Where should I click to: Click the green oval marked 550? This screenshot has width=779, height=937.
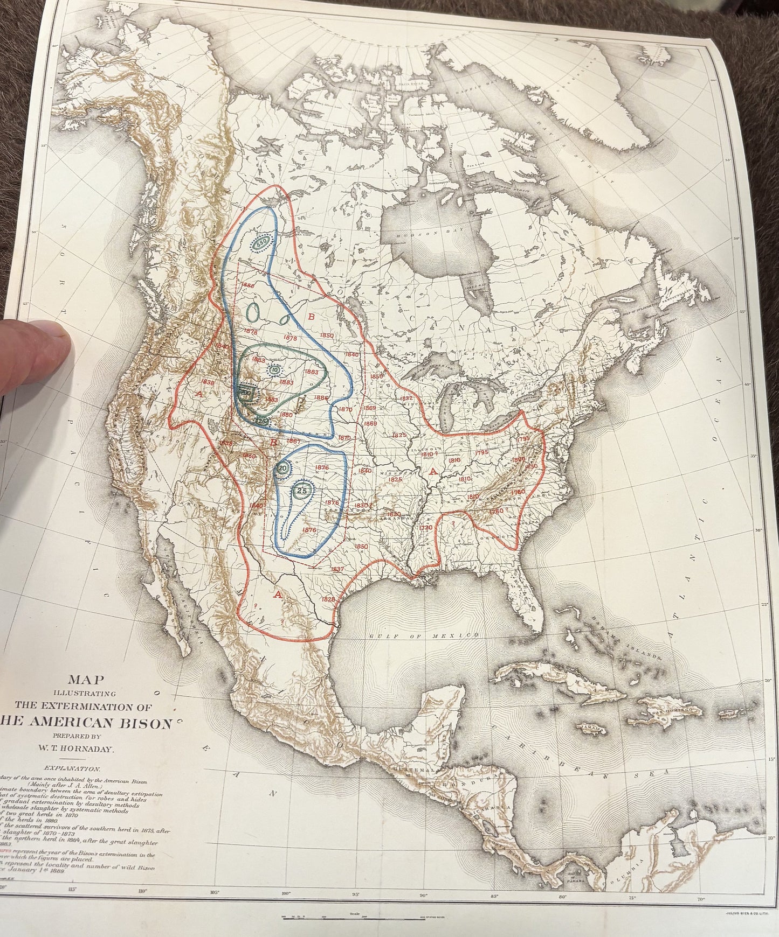click(x=261, y=243)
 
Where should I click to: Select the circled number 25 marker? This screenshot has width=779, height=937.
click(x=302, y=491)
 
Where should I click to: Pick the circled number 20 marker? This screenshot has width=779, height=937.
click(x=282, y=468)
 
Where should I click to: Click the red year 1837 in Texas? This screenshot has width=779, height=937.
click(x=337, y=569)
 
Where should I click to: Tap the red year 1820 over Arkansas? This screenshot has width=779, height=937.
click(x=395, y=515)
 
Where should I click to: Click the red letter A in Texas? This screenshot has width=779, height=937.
click(x=278, y=595)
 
